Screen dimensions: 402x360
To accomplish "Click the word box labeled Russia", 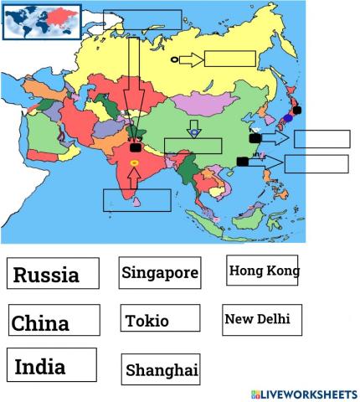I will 53,274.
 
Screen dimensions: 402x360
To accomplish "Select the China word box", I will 53,322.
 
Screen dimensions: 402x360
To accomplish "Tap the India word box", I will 53,367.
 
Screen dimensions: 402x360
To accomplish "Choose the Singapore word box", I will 160,272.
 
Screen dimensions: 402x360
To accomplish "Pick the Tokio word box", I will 160,320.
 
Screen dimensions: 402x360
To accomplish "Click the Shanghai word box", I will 161,369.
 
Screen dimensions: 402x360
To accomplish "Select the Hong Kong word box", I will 263,271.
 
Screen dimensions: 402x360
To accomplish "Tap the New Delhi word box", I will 262,319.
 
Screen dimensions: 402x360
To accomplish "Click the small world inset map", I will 42,23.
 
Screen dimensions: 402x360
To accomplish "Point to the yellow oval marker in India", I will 135,161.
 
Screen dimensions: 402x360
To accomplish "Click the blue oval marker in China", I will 194,132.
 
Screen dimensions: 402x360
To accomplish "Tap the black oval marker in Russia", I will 174,59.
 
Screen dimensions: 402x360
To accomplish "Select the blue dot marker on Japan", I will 289,118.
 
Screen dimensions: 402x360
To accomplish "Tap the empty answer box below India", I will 136,200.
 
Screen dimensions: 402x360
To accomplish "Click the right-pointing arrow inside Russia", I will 191,59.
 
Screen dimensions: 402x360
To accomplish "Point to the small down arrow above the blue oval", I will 193,123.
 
